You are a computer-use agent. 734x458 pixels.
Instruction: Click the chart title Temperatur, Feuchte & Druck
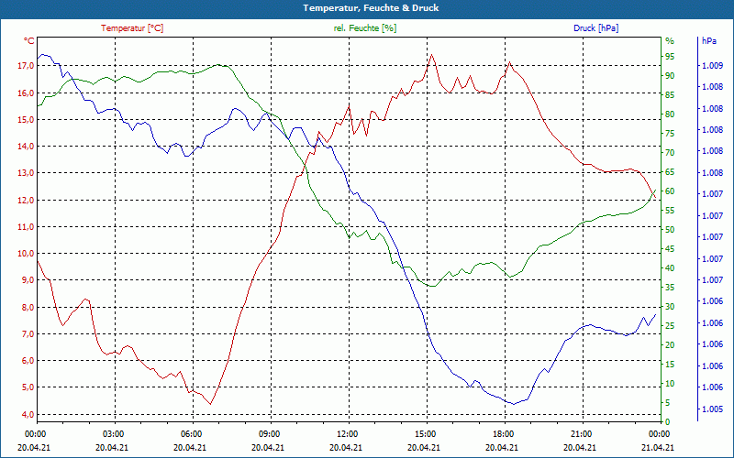[366, 7]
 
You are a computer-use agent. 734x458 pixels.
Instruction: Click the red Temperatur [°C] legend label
[132, 28]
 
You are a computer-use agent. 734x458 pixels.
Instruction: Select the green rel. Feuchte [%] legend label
[365, 28]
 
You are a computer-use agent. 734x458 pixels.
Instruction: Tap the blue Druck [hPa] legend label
[595, 28]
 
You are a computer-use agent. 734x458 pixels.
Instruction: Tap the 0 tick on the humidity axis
[667, 421]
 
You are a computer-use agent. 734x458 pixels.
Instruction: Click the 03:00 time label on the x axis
[113, 433]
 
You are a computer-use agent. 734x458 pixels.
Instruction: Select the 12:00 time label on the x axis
[348, 433]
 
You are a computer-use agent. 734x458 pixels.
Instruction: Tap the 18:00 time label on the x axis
[504, 433]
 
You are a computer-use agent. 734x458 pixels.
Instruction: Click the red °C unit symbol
[29, 41]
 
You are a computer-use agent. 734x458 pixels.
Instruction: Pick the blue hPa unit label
[709, 41]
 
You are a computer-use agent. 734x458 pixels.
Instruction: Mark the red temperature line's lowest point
[211, 404]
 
